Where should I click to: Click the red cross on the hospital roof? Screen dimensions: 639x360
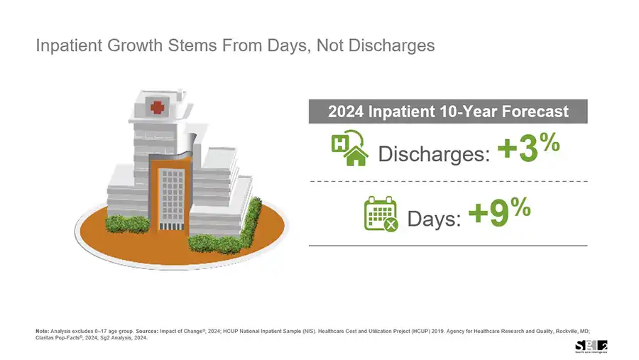click(158, 107)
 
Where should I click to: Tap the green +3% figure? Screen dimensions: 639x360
click(529, 147)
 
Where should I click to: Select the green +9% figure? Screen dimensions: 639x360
click(500, 212)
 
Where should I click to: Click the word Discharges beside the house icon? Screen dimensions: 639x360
click(434, 154)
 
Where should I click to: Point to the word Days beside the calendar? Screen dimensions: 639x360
click(434, 219)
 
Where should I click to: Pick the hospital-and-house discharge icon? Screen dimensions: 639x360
click(349, 148)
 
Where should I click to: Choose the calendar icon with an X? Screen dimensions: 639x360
click(381, 214)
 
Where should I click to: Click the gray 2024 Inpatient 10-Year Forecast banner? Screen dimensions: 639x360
click(448, 111)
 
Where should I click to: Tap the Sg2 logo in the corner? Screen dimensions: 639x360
click(591, 347)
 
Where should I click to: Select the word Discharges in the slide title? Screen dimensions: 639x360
click(392, 45)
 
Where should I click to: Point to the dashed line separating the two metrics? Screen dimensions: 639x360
click(448, 181)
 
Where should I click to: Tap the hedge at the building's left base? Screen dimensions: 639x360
click(128, 224)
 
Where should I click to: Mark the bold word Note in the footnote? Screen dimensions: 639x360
click(42, 331)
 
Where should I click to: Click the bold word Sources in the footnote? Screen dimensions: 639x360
click(147, 331)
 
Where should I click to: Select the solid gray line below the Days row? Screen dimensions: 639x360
click(448, 246)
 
